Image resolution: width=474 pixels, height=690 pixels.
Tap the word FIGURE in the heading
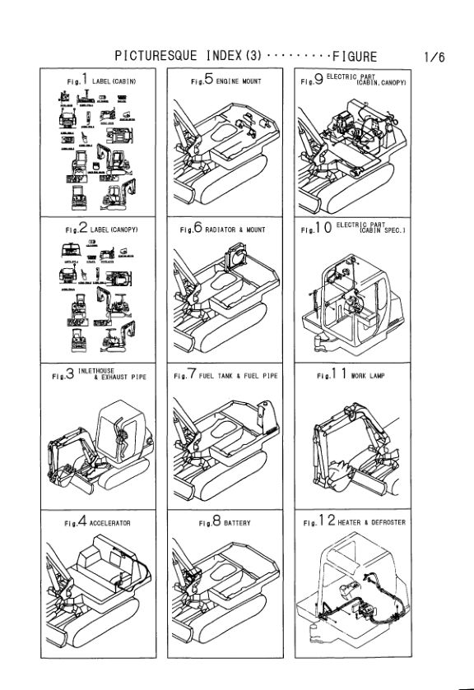tap(354, 57)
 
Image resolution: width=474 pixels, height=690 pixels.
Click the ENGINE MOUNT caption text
tap(239, 81)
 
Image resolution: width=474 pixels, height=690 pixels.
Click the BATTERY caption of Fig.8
tap(238, 522)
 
